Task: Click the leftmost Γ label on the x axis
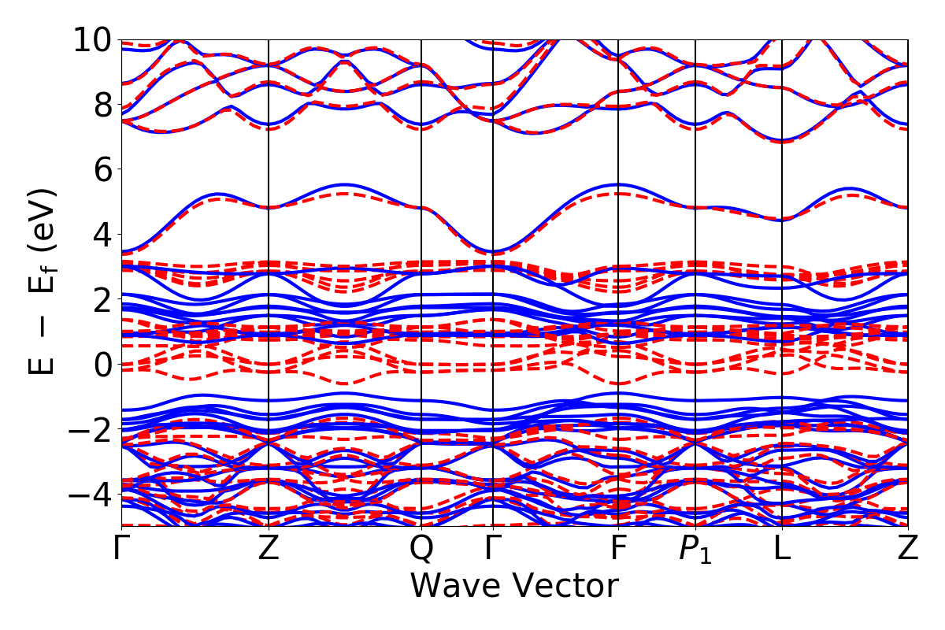click(120, 548)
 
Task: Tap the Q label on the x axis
click(422, 548)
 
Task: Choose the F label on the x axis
click(618, 548)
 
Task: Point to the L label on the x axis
click(782, 548)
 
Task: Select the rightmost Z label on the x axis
click(908, 548)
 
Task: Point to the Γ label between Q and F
click(492, 548)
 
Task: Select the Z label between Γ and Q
click(269, 548)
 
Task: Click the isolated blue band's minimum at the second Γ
click(492, 252)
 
